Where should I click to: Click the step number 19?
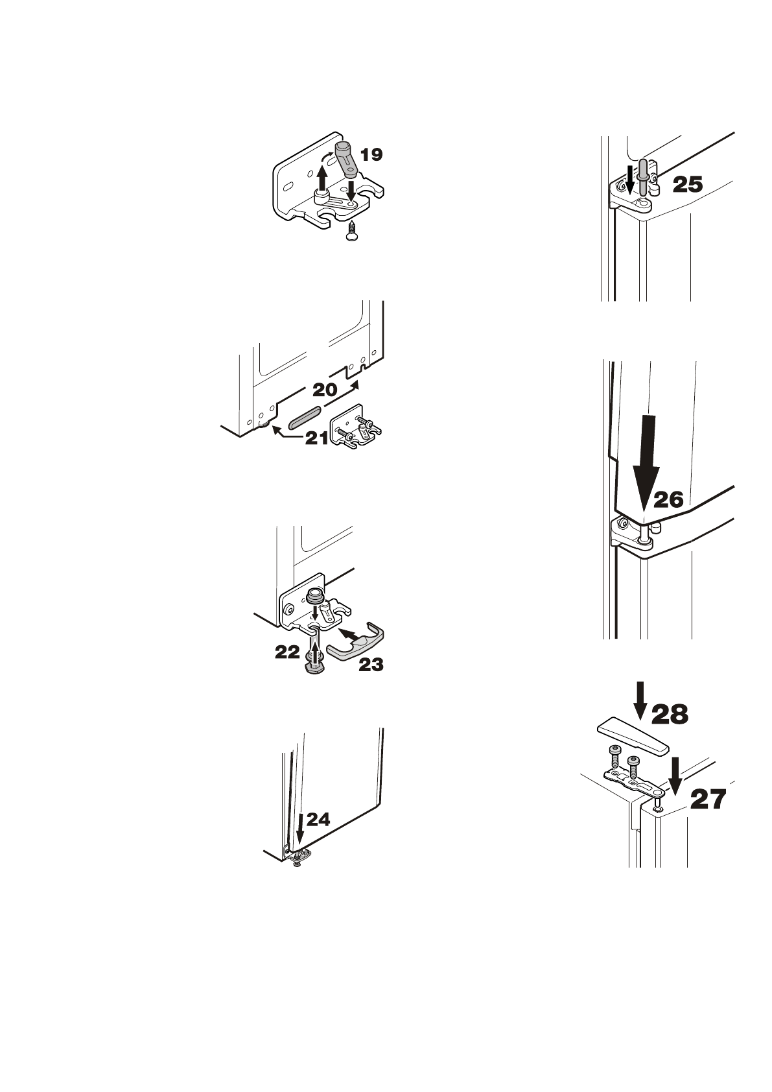coord(371,154)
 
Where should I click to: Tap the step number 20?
coord(325,390)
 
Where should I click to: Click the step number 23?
coord(371,665)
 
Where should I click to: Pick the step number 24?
coord(318,820)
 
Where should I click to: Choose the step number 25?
coord(687,185)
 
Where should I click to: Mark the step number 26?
coord(668,499)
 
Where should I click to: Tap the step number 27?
coord(708,800)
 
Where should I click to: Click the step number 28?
coord(670,714)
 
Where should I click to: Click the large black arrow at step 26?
coord(645,467)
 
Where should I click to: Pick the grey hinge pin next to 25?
coord(642,176)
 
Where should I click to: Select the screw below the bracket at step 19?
coord(351,232)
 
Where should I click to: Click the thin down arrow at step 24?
coord(299,831)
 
